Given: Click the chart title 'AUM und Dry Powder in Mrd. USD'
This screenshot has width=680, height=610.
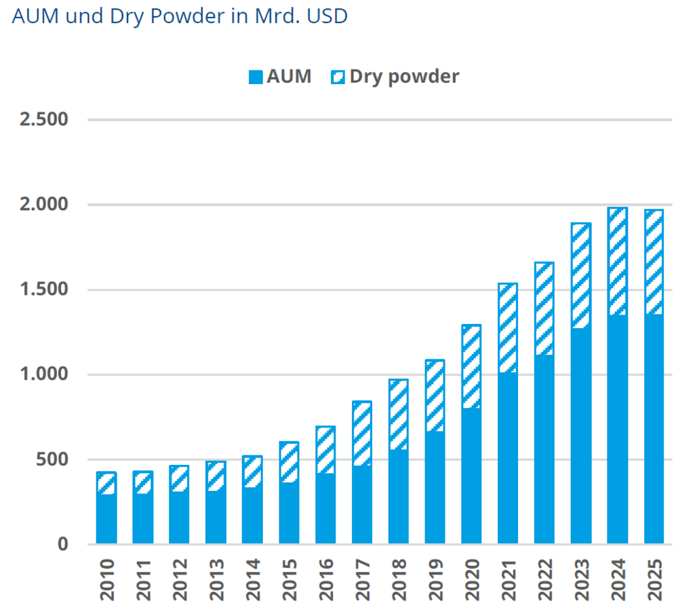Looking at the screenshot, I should [x=180, y=16].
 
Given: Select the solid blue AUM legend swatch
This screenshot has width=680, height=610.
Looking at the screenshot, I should [x=255, y=77].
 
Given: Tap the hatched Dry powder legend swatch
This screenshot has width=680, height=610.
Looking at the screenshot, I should [x=338, y=77].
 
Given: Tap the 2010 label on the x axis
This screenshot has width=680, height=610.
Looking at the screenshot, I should [x=106, y=580].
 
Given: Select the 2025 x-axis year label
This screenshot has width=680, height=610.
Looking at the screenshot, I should [x=654, y=580].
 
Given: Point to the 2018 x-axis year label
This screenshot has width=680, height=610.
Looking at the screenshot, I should [x=399, y=580].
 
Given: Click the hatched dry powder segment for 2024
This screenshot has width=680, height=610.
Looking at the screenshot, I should [x=617, y=262].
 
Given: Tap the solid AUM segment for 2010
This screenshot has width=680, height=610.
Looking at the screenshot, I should [x=106, y=518].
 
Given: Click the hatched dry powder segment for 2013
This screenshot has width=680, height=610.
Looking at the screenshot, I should [x=216, y=476].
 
